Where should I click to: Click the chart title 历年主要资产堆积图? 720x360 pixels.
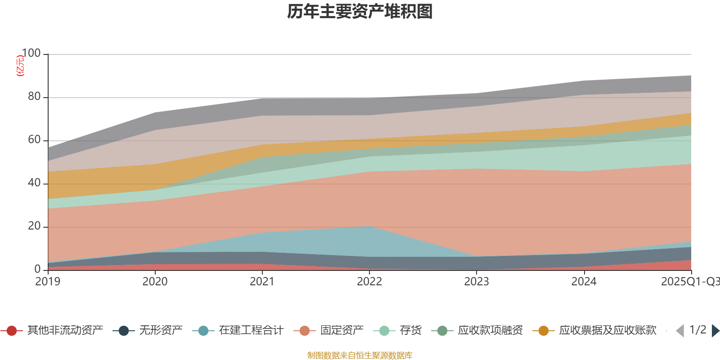coord(360,12)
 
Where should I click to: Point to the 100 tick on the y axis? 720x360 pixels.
coord(31,54)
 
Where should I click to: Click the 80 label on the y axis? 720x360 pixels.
coord(34,97)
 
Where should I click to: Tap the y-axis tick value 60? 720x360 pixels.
coord(34,140)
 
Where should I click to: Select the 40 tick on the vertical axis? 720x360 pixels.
coord(34,183)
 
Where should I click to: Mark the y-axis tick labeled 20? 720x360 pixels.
coord(34,226)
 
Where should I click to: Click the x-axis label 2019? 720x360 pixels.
coord(48,282)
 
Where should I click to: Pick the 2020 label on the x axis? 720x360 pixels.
coord(155,282)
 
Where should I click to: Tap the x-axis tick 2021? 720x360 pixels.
coord(262,282)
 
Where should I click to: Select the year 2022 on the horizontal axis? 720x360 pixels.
coord(369,282)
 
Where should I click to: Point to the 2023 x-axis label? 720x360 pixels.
coord(477,282)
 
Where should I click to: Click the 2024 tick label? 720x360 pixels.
coord(584,282)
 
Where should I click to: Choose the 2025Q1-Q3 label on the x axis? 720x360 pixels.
coord(689,282)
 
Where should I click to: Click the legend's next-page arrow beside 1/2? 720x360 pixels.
coord(715,331)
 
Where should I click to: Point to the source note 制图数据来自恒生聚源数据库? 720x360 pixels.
coord(360,355)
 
